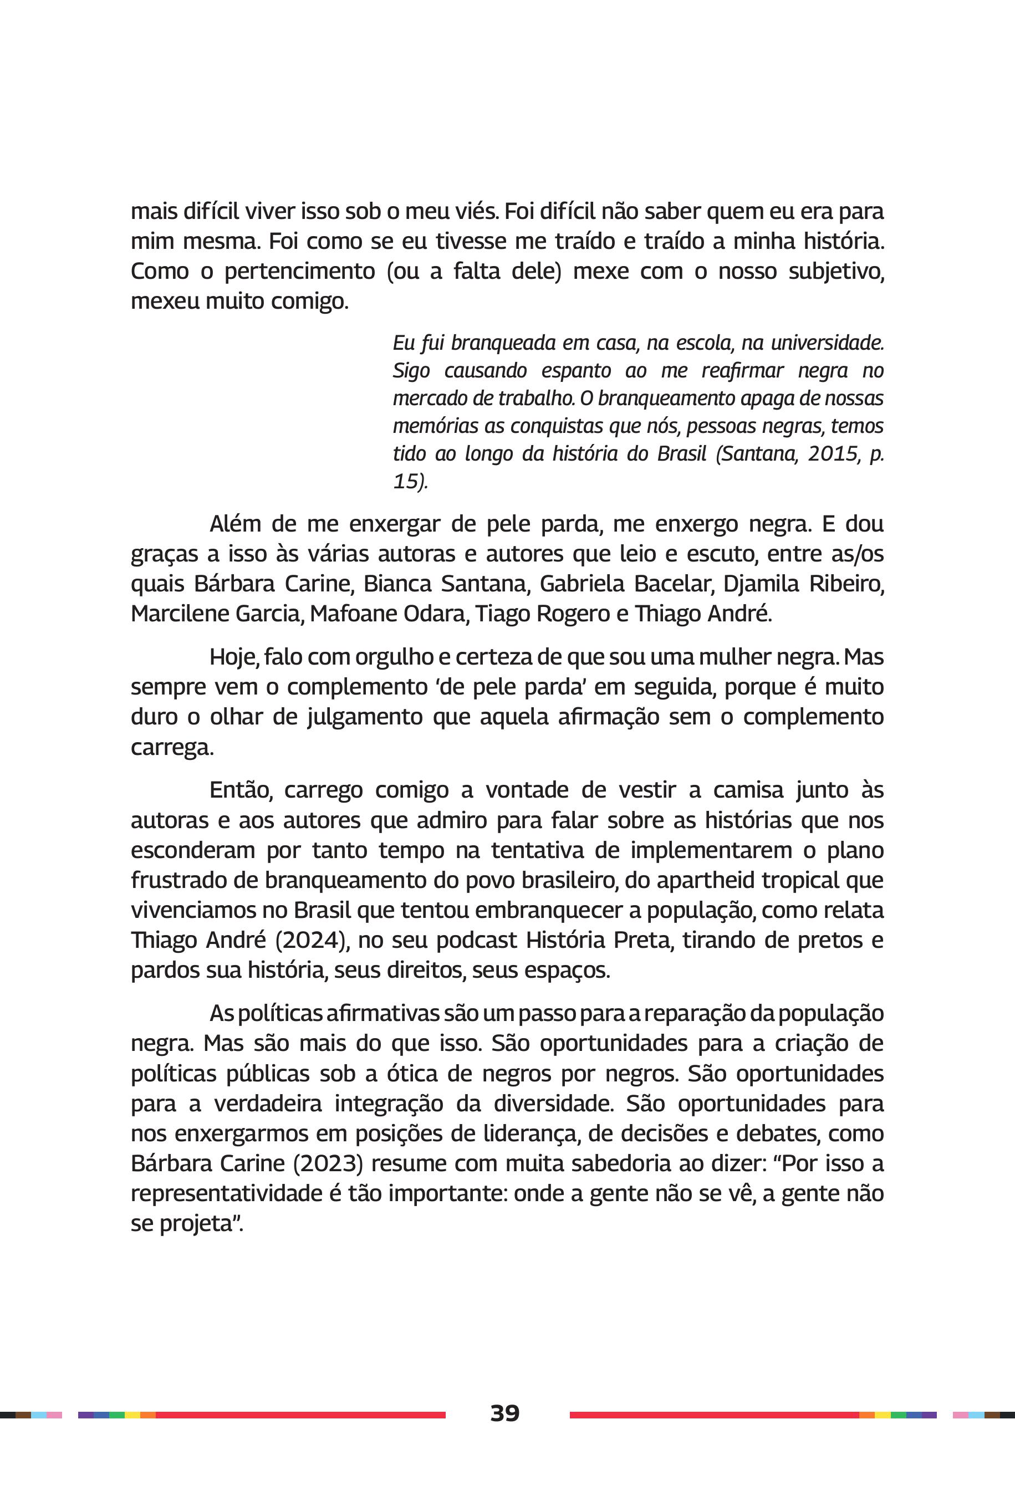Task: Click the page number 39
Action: (x=504, y=1413)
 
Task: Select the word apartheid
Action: (x=707, y=880)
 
